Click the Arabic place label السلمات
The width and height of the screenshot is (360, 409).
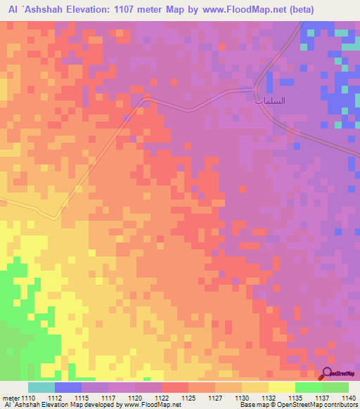point(269,101)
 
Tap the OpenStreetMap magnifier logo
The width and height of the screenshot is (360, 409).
point(329,374)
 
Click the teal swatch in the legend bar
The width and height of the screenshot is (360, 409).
point(41,387)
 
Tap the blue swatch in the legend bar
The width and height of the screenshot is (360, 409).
point(68,387)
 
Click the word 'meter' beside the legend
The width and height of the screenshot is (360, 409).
point(10,398)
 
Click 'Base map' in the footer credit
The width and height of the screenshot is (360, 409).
point(248,405)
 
